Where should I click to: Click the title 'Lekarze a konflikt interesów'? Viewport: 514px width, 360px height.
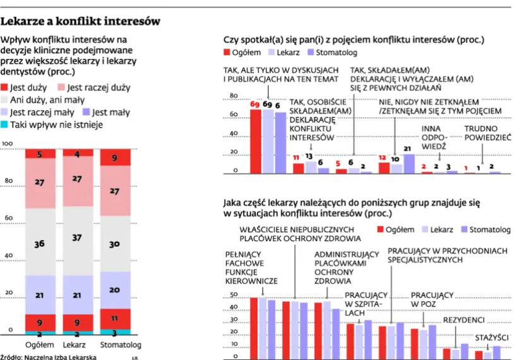[x=80, y=21]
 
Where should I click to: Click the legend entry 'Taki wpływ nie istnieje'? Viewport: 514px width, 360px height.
[x=56, y=124]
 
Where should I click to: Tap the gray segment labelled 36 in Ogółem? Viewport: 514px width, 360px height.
[x=39, y=244]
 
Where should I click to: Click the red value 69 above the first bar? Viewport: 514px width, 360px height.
[x=254, y=104]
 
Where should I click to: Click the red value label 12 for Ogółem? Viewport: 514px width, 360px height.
[x=382, y=158]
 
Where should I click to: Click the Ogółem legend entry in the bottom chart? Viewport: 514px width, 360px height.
[x=395, y=229]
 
